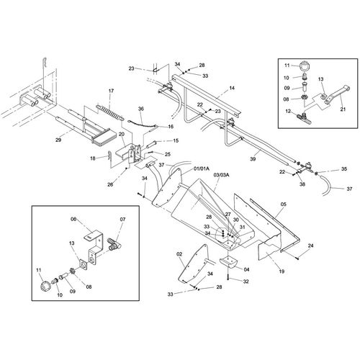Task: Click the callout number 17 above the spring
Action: tap(111, 91)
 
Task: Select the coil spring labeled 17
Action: tap(110, 112)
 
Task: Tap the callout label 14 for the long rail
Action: tap(232, 88)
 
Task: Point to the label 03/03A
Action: tap(221, 175)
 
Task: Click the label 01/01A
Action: tap(201, 169)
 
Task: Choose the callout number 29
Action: tap(58, 140)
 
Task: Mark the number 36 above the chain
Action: tap(141, 109)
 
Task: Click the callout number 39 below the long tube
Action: tap(253, 159)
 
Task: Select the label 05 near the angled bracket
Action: tap(284, 204)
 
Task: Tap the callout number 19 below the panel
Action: tap(282, 271)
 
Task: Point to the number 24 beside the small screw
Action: tap(310, 246)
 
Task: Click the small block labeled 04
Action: tap(228, 261)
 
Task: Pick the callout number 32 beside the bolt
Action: tap(246, 282)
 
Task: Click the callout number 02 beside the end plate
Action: tap(179, 254)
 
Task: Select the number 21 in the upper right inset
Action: tap(343, 109)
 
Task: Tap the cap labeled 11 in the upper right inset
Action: tap(305, 65)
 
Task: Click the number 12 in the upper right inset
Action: tap(288, 111)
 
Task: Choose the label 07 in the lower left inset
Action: tap(122, 219)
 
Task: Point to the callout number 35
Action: tap(344, 169)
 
